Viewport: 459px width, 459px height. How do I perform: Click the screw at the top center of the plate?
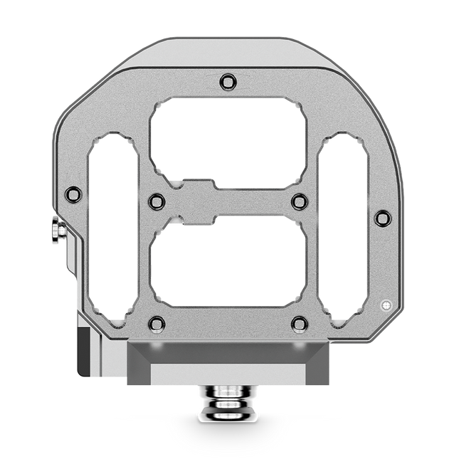tap(227, 82)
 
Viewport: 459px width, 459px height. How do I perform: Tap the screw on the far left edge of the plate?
tap(73, 194)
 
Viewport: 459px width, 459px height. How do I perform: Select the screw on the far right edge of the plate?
tap(383, 218)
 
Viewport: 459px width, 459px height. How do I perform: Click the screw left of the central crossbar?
tap(157, 202)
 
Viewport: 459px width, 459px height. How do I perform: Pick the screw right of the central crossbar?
tap(300, 202)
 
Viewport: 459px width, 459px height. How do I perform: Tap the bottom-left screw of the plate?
tap(157, 324)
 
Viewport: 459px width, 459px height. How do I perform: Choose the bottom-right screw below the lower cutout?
tap(300, 324)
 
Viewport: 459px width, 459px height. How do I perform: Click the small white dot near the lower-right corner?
tap(386, 305)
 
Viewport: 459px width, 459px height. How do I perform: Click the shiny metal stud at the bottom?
tap(226, 401)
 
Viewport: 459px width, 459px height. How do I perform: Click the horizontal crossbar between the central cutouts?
tap(228, 202)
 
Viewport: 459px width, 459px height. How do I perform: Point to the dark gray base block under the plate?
tap(228, 353)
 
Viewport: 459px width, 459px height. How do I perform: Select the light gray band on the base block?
tap(228, 374)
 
